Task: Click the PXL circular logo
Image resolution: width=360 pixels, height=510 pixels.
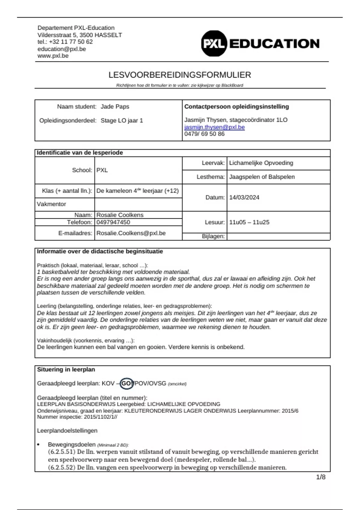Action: click(x=213, y=44)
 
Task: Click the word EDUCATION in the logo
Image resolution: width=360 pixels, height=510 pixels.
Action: click(x=274, y=44)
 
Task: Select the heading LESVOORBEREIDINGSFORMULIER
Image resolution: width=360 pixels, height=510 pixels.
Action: click(x=180, y=75)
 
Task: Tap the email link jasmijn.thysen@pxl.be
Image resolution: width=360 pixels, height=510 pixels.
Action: click(x=214, y=127)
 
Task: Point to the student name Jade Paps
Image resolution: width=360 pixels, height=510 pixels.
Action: click(x=115, y=106)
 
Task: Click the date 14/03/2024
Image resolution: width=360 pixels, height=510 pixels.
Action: click(x=244, y=197)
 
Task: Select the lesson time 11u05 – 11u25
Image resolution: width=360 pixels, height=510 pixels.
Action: click(x=249, y=222)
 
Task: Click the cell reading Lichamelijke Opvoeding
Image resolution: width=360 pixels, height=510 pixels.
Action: click(x=261, y=163)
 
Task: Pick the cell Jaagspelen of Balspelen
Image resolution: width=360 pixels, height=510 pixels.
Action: click(x=262, y=177)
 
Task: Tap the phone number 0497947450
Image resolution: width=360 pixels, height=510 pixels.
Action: click(x=113, y=222)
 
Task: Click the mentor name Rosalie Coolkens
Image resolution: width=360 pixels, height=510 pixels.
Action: click(x=120, y=215)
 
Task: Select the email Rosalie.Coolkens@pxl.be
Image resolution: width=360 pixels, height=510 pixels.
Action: click(x=131, y=233)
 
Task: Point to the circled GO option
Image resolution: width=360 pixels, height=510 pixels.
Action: click(x=126, y=383)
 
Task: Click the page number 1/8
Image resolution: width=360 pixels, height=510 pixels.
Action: click(x=321, y=477)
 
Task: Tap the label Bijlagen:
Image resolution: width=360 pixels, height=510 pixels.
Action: click(x=213, y=236)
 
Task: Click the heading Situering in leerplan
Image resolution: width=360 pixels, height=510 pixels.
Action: click(x=66, y=370)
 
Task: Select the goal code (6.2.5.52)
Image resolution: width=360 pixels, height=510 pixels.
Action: click(x=61, y=467)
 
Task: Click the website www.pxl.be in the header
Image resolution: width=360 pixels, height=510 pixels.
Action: click(x=53, y=56)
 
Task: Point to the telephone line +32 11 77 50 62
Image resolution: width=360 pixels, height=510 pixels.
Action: click(x=65, y=42)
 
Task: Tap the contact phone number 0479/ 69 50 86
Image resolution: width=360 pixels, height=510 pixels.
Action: click(x=204, y=134)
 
